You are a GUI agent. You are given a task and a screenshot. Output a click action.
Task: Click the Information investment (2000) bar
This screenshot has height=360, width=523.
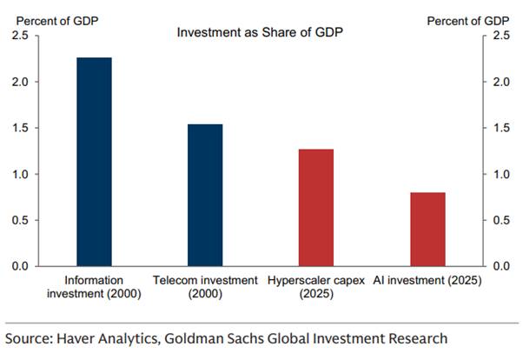click(x=94, y=162)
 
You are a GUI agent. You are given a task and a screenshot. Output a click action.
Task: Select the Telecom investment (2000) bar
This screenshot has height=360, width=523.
click(x=205, y=195)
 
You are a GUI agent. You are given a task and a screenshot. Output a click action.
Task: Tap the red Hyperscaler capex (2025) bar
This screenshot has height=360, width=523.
click(x=316, y=208)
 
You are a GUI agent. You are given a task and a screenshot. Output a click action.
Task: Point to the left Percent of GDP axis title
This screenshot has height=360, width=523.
click(x=40, y=18)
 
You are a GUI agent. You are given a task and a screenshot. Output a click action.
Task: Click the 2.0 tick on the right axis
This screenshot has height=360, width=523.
click(x=502, y=82)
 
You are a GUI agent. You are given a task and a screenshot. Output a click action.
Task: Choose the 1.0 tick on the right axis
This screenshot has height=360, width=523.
click(x=502, y=174)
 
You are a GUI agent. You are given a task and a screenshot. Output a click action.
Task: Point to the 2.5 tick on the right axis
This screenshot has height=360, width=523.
click(x=502, y=36)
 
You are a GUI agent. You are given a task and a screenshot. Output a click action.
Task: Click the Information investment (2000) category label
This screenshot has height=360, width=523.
click(x=94, y=287)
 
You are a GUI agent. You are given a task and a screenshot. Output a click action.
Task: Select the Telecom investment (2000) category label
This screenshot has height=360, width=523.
click(x=205, y=287)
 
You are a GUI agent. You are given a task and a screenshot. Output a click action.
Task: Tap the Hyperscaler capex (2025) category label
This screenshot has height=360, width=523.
click(x=316, y=287)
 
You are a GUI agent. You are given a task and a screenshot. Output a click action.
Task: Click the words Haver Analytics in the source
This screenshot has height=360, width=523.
click(x=106, y=337)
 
